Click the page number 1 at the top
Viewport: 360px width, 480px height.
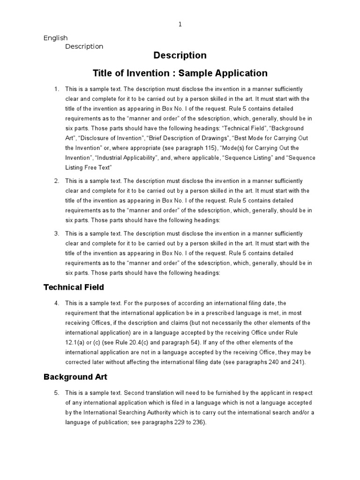(180, 24)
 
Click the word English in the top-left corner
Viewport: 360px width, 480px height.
(55, 38)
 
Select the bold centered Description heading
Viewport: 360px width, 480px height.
(180, 55)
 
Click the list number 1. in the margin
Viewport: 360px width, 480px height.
(57, 89)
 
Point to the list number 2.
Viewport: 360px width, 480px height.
(57, 181)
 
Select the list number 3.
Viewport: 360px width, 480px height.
(57, 233)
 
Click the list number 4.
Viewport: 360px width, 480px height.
(57, 303)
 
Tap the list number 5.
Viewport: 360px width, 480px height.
(57, 392)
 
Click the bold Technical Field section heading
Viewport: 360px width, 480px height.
(74, 287)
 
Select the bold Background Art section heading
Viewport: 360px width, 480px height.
(75, 376)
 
